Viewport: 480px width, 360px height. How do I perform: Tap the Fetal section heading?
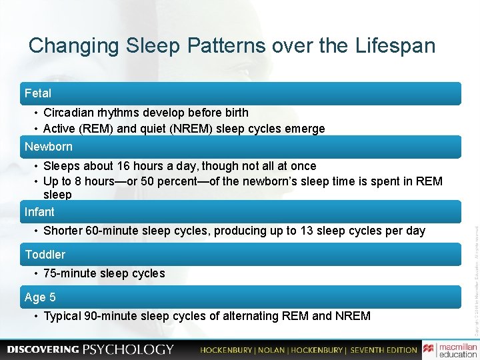click(38, 93)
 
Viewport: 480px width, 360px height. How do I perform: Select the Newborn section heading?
click(49, 146)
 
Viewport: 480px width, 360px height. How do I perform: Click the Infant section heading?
click(40, 212)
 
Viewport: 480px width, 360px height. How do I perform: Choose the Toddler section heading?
click(45, 255)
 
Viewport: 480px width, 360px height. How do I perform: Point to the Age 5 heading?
click(41, 297)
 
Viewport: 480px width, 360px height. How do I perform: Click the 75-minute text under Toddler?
click(71, 273)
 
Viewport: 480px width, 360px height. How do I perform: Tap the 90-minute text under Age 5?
click(116, 316)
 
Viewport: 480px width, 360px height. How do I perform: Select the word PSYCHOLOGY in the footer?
click(128, 349)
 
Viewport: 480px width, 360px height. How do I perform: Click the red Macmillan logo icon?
click(428, 349)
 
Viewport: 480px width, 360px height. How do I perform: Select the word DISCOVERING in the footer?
click(43, 349)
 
